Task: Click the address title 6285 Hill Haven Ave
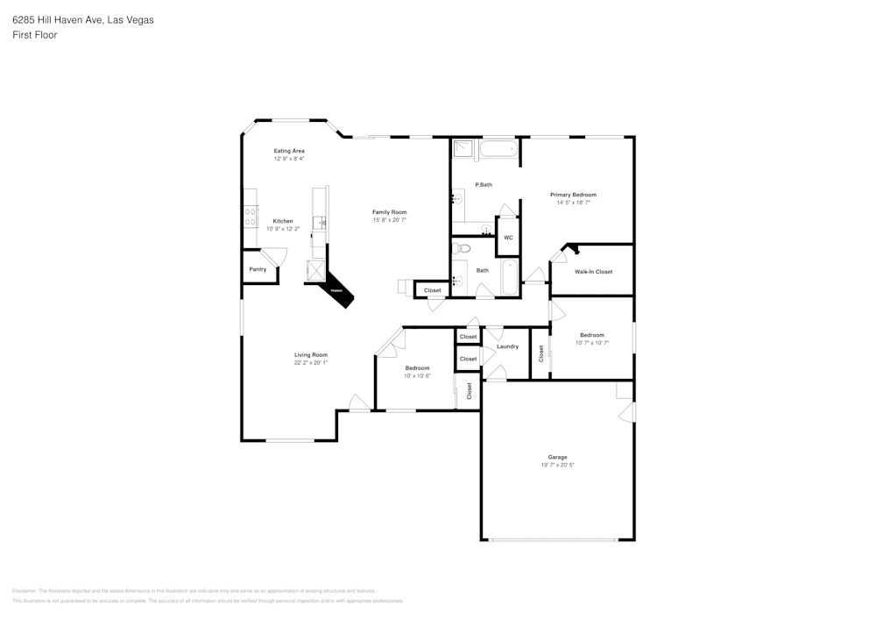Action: (82, 19)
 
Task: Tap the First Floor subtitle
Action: (34, 35)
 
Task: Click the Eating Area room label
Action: (288, 151)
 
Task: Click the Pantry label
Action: (258, 269)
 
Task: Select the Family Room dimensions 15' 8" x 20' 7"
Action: (389, 220)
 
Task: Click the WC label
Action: (508, 238)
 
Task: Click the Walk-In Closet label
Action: (593, 272)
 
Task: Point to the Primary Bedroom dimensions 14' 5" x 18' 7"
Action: (573, 203)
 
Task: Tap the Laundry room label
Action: (507, 346)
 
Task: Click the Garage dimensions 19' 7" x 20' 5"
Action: (557, 465)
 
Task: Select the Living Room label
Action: (310, 354)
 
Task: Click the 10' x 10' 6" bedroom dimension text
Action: (417, 375)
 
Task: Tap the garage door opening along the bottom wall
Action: (557, 539)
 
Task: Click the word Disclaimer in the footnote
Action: (25, 591)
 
